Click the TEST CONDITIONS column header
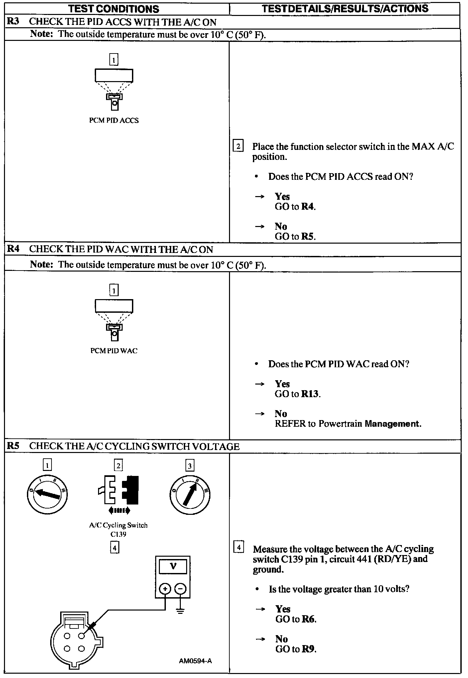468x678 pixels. click(114, 9)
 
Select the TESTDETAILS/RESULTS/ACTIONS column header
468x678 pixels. click(345, 9)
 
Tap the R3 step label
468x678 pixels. click(13, 22)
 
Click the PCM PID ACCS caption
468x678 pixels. click(114, 120)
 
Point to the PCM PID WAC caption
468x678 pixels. click(114, 351)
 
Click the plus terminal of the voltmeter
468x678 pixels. click(165, 589)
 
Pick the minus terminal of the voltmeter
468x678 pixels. click(180, 589)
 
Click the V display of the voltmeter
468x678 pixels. click(173, 566)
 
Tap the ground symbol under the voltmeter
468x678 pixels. click(180, 611)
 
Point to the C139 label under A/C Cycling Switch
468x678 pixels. click(118, 534)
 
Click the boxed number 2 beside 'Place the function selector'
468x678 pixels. click(238, 146)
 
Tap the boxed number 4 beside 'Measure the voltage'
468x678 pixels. click(239, 547)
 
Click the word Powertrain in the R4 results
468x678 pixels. click(340, 424)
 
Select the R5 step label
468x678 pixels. click(13, 446)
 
